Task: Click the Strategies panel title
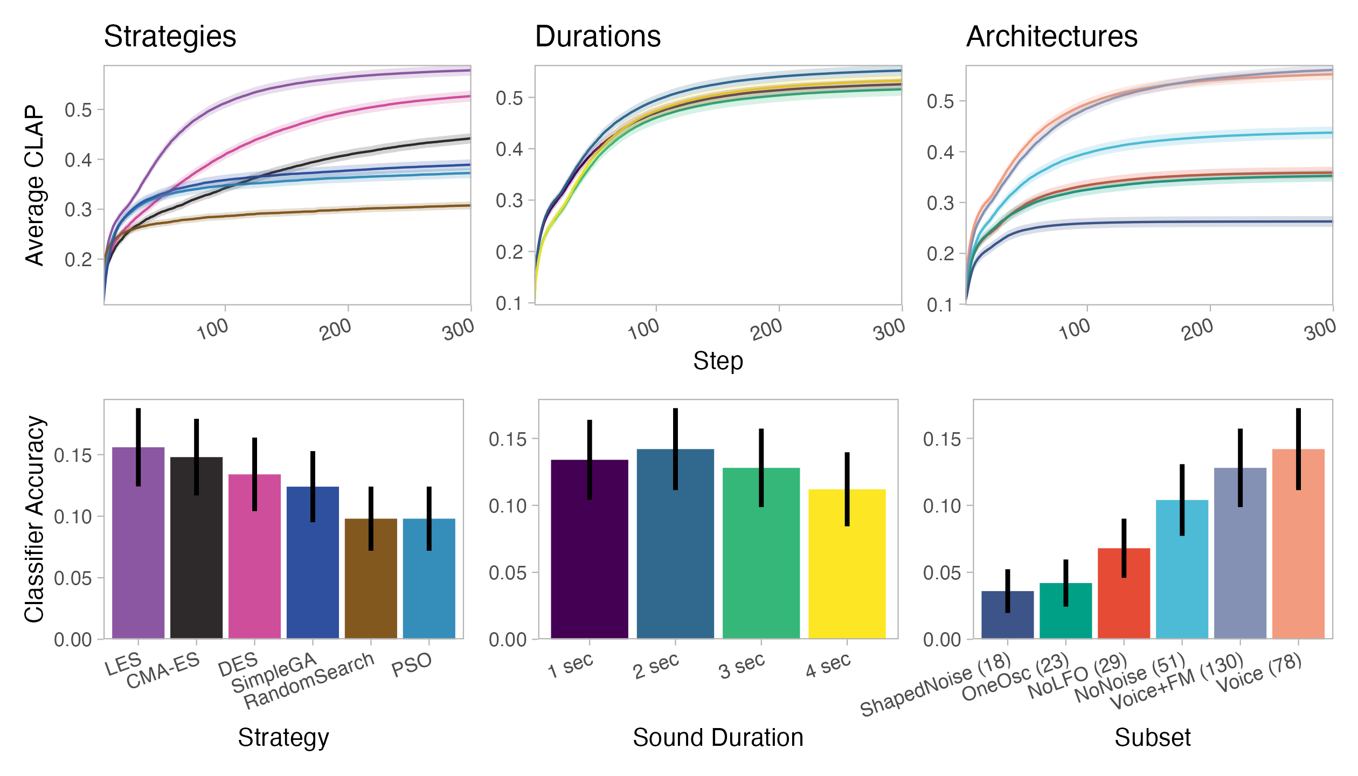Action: pyautogui.click(x=170, y=37)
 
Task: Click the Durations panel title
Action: pyautogui.click(x=598, y=37)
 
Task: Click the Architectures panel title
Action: pyautogui.click(x=1051, y=37)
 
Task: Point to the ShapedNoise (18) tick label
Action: pyautogui.click(x=935, y=685)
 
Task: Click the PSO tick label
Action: pyautogui.click(x=412, y=665)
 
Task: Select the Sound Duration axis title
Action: pyautogui.click(x=718, y=738)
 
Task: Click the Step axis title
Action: pyautogui.click(x=718, y=361)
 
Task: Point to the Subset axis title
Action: pyautogui.click(x=1153, y=738)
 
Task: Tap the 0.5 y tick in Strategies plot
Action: pyautogui.click(x=78, y=110)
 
